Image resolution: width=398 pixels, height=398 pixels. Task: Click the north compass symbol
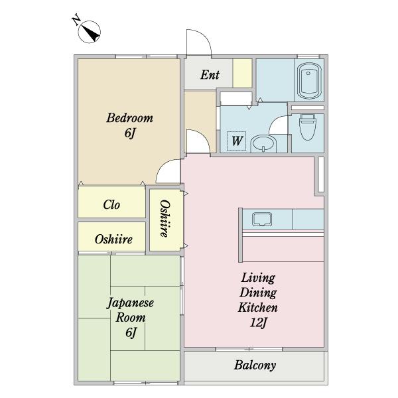90,32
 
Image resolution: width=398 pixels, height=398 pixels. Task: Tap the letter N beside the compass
76,21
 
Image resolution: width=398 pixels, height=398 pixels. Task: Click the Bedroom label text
130,118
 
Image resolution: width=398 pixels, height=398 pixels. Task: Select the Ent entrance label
210,75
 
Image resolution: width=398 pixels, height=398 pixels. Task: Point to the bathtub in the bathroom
309,81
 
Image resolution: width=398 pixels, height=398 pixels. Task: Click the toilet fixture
307,127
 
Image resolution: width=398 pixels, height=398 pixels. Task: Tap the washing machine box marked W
237,141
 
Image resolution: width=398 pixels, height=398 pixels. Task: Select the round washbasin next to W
263,143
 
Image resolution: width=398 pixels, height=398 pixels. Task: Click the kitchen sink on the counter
262,219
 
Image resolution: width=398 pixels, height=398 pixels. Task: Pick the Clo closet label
111,204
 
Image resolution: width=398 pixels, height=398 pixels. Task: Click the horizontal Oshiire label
113,239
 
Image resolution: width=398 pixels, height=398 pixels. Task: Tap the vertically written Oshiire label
165,218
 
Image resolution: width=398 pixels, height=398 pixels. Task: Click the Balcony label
255,365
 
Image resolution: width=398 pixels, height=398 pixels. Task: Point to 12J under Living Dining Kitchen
258,323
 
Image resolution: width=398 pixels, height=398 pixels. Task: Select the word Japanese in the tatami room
130,303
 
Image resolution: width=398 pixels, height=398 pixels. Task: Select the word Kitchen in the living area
257,308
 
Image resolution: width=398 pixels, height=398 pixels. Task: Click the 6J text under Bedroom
130,133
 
